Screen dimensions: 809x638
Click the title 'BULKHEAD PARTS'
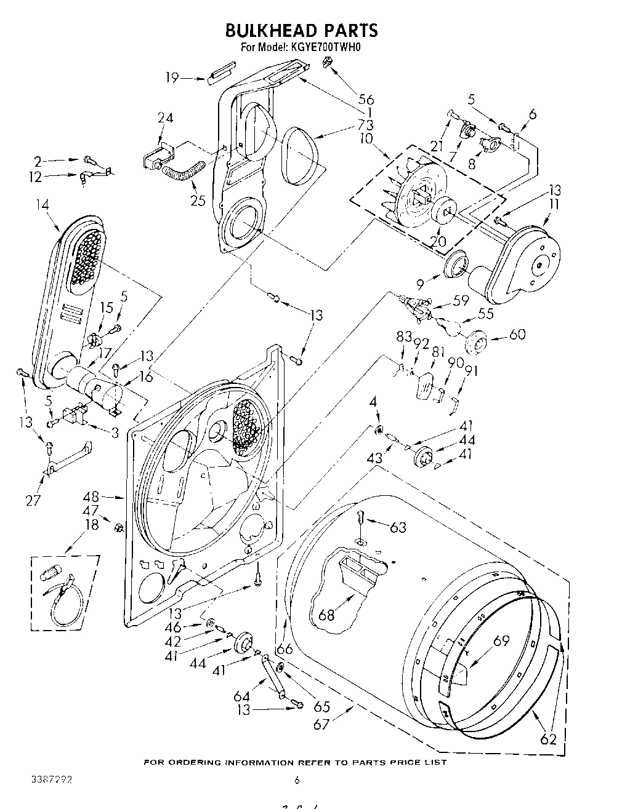click(301, 30)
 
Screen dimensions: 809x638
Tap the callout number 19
click(172, 78)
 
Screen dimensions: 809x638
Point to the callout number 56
click(366, 99)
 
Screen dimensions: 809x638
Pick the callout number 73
click(365, 126)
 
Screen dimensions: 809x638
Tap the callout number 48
click(91, 496)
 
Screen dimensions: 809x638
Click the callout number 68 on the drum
click(326, 613)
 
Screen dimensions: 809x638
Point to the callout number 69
click(502, 640)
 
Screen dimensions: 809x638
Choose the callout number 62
click(548, 739)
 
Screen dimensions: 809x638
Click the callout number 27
click(33, 500)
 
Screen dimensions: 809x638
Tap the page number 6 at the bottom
click(297, 780)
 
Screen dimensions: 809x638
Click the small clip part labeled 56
click(328, 62)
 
